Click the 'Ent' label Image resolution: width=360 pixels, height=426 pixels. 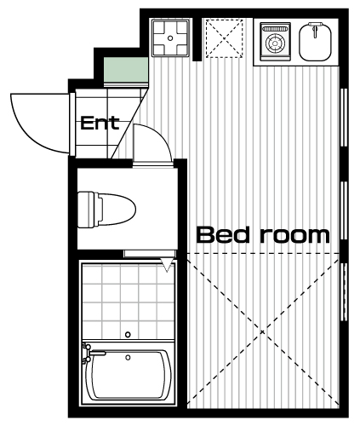(x=100, y=123)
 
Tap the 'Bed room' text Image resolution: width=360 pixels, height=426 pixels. (x=263, y=235)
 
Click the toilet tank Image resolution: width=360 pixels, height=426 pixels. (x=88, y=210)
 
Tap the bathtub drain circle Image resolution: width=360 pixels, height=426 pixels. (x=128, y=358)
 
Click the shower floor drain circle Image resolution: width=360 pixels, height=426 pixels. (x=128, y=335)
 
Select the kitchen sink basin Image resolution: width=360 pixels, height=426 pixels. (x=315, y=42)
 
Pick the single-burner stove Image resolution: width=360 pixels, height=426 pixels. (x=276, y=42)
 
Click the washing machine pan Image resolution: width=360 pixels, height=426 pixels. (x=170, y=37)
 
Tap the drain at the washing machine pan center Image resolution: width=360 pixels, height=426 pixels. (x=170, y=37)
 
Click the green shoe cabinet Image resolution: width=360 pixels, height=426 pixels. (x=126, y=70)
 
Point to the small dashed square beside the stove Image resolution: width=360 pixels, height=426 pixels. (x=224, y=38)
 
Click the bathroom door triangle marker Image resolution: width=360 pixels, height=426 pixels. (x=168, y=265)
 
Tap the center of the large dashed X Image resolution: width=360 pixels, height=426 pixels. (x=263, y=331)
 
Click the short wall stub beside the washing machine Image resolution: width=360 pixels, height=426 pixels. (x=197, y=39)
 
